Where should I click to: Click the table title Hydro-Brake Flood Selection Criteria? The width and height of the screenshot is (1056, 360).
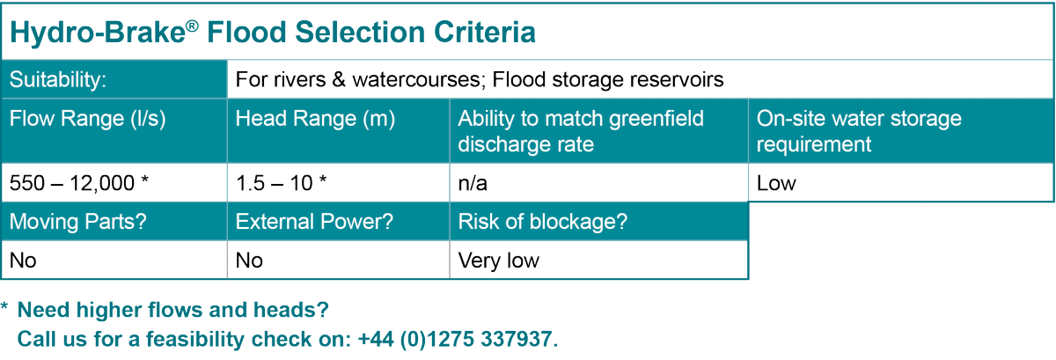pyautogui.click(x=272, y=33)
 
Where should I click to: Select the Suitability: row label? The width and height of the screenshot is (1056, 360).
pyautogui.click(x=58, y=80)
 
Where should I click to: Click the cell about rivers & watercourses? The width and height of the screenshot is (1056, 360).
pyautogui.click(x=480, y=80)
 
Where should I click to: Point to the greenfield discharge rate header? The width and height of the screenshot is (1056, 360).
pyautogui.click(x=581, y=130)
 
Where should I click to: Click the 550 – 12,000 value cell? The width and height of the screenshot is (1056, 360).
pyautogui.click(x=79, y=183)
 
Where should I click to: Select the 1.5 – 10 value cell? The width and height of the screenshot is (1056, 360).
pyautogui.click(x=282, y=183)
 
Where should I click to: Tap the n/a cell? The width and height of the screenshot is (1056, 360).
pyautogui.click(x=475, y=183)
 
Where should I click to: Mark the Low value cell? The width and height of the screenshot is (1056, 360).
pyautogui.click(x=776, y=183)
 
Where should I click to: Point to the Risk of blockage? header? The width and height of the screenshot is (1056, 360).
pyautogui.click(x=543, y=223)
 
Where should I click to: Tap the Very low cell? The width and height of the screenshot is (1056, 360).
pyautogui.click(x=499, y=261)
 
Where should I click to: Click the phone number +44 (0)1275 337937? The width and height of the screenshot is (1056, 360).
pyautogui.click(x=458, y=339)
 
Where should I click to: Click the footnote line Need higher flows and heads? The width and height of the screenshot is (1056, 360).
pyautogui.click(x=173, y=311)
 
